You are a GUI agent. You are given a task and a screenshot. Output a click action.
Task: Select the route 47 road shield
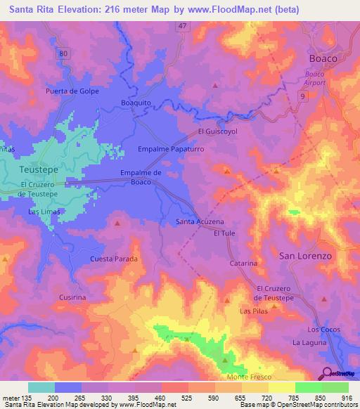(182, 25)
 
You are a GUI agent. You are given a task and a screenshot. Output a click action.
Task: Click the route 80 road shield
(64, 53)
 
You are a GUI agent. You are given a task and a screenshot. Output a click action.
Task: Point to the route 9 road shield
(302, 95)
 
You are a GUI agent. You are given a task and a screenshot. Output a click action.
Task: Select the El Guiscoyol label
(219, 131)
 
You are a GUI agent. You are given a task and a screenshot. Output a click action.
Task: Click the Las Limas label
(44, 211)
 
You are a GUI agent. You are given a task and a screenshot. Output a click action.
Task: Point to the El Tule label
(224, 233)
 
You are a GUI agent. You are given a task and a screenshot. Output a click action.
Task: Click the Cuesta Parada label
(113, 259)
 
